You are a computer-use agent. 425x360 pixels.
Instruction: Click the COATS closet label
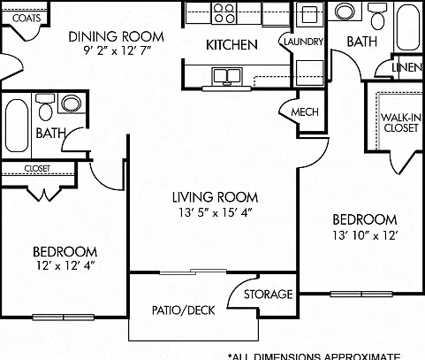[27, 19]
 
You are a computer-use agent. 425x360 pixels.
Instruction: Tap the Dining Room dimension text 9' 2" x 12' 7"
[117, 50]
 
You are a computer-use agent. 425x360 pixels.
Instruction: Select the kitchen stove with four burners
[224, 13]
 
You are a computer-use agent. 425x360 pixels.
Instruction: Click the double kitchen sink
[227, 76]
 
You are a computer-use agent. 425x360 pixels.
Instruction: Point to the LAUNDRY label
[303, 42]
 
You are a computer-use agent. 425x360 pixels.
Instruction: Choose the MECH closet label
[305, 112]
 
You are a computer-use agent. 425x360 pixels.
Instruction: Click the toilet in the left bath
[45, 107]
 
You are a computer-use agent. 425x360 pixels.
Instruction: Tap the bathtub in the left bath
[17, 126]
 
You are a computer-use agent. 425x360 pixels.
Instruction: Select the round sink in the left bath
[72, 103]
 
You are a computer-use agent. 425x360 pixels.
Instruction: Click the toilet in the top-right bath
[377, 16]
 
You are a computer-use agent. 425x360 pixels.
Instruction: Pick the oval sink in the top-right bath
[345, 11]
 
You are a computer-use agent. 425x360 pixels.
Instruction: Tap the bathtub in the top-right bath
[408, 27]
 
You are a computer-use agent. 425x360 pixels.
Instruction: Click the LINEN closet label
[407, 67]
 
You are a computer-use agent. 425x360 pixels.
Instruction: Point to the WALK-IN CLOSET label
[401, 123]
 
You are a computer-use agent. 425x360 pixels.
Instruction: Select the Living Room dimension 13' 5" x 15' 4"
[216, 212]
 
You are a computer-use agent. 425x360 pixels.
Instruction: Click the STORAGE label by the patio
[269, 295]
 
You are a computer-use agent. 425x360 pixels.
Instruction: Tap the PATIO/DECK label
[184, 310]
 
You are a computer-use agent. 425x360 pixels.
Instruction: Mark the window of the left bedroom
[64, 318]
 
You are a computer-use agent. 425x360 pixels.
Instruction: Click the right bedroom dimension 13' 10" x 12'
[365, 235]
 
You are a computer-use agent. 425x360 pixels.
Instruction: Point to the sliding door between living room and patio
[193, 272]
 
